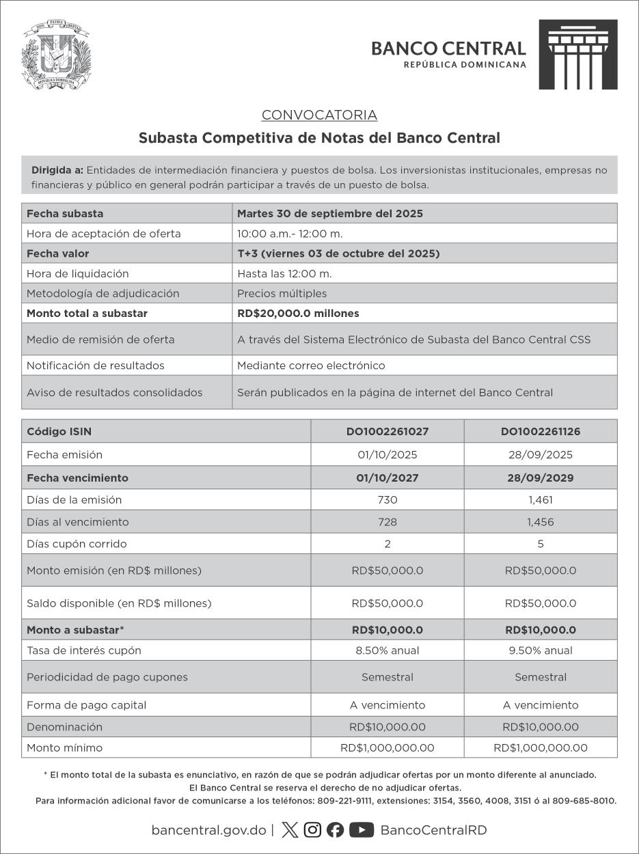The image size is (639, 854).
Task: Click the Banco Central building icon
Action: point(577,55)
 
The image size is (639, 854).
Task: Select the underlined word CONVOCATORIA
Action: point(319,115)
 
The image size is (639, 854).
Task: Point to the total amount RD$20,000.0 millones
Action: point(298,314)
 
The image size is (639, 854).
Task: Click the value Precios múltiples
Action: point(282,294)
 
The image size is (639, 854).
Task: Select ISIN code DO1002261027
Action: point(387,432)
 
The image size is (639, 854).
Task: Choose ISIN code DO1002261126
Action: point(541,432)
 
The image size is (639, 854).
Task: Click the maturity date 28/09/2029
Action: point(541,478)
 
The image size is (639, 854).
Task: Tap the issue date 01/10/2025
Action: point(387,455)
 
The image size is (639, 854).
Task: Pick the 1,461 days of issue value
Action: point(541,500)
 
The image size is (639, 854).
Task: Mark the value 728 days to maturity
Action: point(387,522)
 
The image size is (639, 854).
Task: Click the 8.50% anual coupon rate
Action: point(387,650)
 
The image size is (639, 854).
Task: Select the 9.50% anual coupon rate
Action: point(541,650)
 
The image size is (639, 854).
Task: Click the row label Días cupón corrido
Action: point(77,545)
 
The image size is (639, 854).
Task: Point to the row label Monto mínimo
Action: point(64,748)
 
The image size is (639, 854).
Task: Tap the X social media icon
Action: point(290,830)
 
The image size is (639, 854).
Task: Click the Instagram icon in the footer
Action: point(312,830)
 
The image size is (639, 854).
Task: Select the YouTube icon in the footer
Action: point(361,830)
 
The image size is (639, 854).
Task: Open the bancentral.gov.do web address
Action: point(208,831)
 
